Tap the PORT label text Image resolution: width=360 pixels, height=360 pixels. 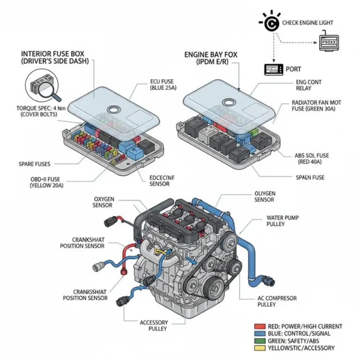[293, 69]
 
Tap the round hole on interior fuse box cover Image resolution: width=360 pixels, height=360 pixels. [113, 110]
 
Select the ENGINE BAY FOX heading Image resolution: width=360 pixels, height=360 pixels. [210, 58]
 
